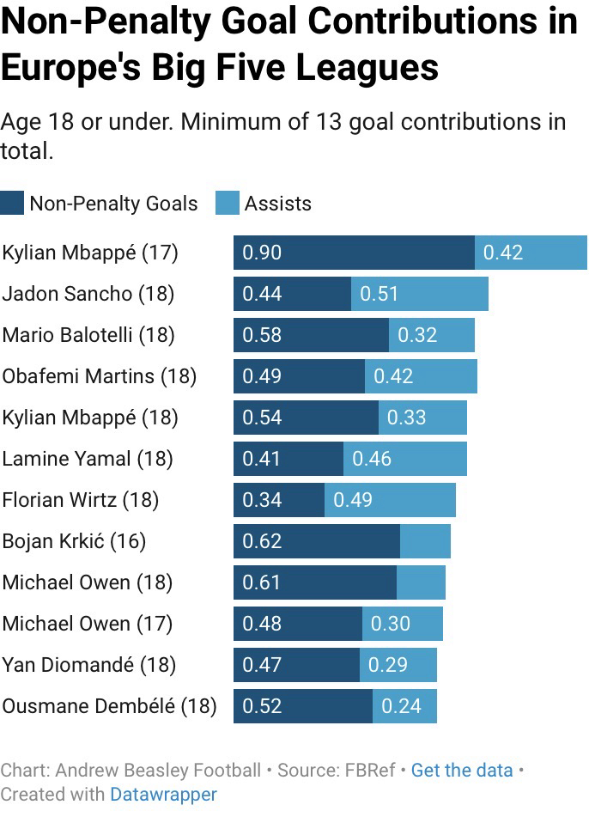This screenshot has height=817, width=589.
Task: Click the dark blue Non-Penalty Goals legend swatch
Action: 12,204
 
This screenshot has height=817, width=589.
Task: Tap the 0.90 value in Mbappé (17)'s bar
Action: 262,253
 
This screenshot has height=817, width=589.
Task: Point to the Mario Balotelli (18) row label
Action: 88,335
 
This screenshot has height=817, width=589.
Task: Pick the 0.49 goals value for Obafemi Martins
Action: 262,376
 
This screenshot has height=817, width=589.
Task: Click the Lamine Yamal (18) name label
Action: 88,459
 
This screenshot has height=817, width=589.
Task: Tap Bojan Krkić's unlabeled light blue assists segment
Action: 425,541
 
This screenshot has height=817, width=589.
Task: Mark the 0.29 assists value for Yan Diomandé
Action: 388,665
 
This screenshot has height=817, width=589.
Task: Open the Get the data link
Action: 461,771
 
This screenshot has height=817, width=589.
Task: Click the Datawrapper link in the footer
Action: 163,795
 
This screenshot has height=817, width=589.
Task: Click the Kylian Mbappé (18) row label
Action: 90,418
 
